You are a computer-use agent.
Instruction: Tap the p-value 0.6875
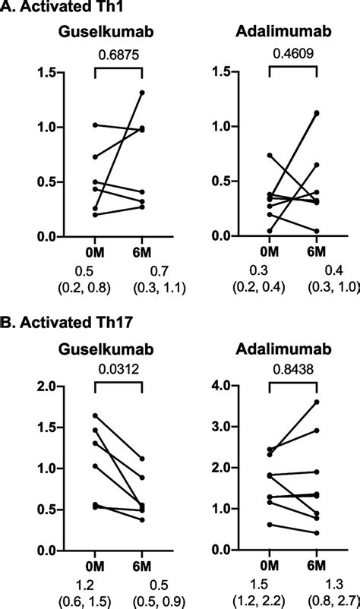point(118,55)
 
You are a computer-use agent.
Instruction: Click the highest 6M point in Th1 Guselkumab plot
point(143,93)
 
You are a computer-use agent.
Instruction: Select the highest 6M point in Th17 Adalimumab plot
point(317,402)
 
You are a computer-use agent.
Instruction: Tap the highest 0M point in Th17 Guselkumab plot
point(95,415)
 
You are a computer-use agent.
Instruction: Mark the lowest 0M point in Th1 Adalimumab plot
point(269,231)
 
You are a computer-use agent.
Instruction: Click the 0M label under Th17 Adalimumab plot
point(270,569)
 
